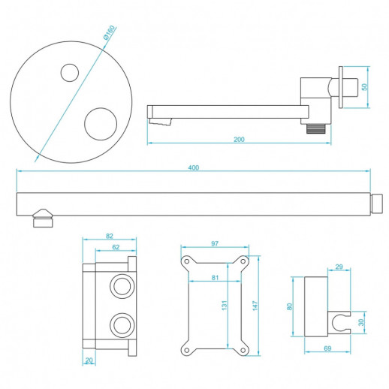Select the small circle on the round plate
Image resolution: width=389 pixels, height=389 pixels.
(x=69, y=73)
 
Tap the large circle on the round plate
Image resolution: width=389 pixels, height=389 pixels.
(x=101, y=123)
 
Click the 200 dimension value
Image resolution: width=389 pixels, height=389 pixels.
(x=239, y=139)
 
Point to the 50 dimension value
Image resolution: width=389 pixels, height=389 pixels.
(x=365, y=87)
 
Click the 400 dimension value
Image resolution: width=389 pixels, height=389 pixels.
(x=193, y=168)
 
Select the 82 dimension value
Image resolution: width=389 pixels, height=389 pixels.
(x=109, y=237)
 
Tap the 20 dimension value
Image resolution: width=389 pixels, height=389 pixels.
(x=89, y=360)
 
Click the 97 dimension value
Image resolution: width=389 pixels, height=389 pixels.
(x=215, y=243)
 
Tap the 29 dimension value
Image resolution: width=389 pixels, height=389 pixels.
(x=339, y=267)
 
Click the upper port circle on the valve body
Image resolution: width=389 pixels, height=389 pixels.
(x=120, y=285)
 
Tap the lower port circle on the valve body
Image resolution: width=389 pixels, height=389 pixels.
(x=120, y=325)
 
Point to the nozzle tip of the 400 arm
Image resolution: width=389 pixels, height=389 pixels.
(x=43, y=222)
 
